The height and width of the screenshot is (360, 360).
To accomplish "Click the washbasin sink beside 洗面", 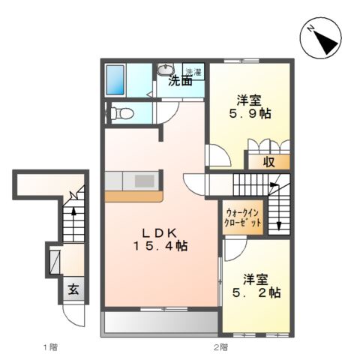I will click(165, 71).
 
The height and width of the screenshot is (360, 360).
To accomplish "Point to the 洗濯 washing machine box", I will click(193, 72).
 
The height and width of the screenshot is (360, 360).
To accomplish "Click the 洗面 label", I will click(180, 81).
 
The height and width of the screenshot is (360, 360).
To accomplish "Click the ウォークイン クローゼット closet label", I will click(243, 217).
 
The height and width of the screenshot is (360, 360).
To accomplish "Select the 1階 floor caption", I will click(49, 347).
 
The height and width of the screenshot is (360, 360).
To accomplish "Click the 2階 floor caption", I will click(220, 347).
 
